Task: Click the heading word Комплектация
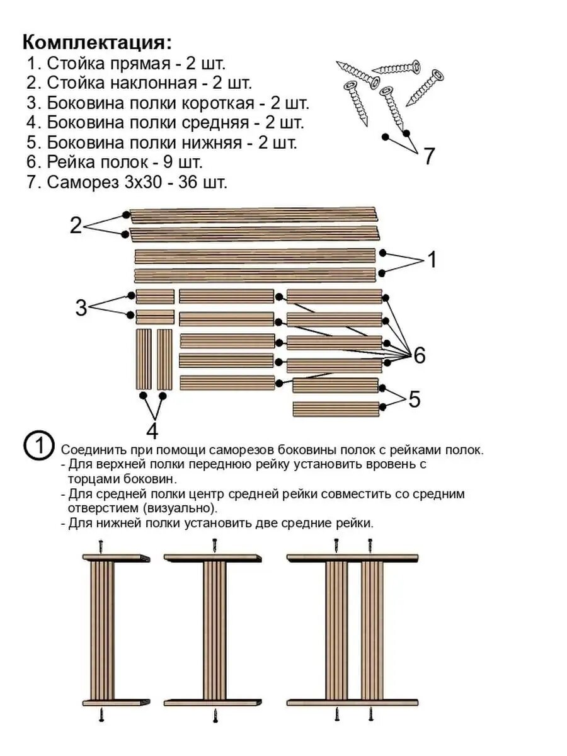pyautogui.click(x=96, y=42)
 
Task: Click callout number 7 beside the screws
pyautogui.click(x=428, y=156)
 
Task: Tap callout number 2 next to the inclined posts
pyautogui.click(x=76, y=225)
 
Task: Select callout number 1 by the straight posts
pyautogui.click(x=432, y=260)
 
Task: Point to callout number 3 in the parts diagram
pyautogui.click(x=81, y=307)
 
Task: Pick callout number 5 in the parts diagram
pyautogui.click(x=414, y=399)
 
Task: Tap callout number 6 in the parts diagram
pyautogui.click(x=419, y=355)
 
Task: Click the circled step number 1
pyautogui.click(x=38, y=445)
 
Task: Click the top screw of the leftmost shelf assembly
pyautogui.click(x=100, y=544)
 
